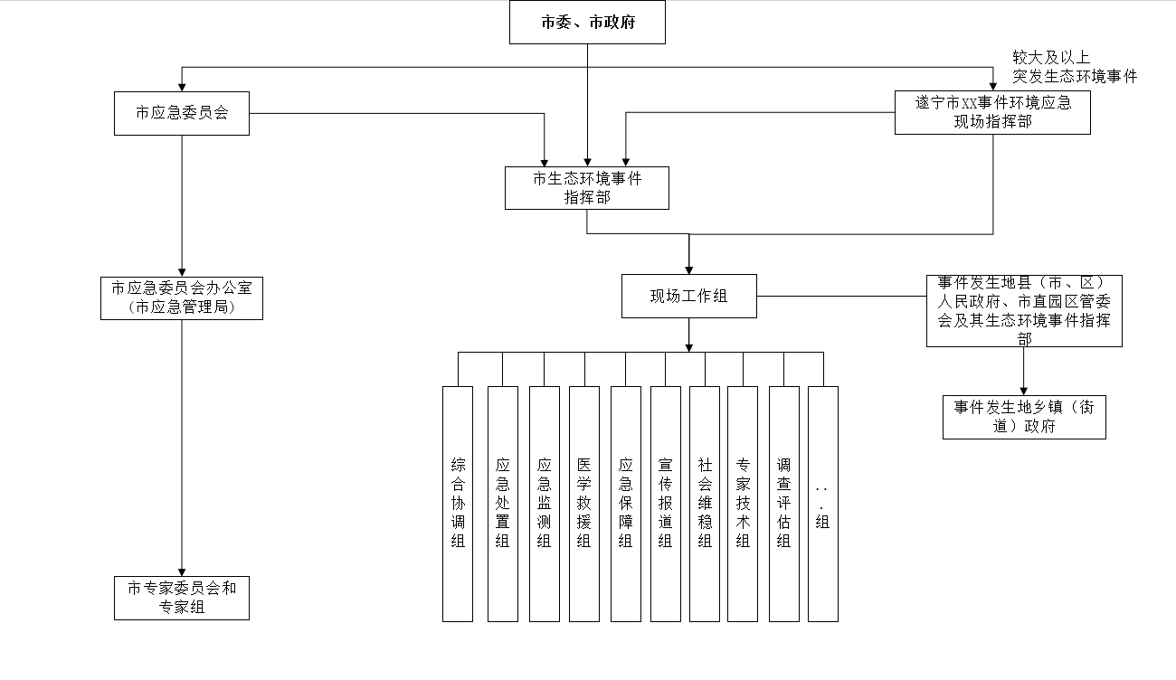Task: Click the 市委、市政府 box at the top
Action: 587,23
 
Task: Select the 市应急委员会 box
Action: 182,113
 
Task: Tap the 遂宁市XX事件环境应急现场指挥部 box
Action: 992,112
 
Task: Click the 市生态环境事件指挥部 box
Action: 587,187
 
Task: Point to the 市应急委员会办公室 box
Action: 182,297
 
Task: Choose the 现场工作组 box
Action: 688,296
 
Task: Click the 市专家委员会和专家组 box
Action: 182,598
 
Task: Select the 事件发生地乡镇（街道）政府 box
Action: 1024,417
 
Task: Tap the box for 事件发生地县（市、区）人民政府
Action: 1024,311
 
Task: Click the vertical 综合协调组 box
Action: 458,504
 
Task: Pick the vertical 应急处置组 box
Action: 503,504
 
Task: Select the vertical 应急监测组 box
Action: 544,504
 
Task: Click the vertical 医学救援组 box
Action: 584,504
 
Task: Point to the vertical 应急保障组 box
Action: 625,504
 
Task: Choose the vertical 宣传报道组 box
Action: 666,504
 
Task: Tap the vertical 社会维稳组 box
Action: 705,504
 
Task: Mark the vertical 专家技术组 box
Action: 743,504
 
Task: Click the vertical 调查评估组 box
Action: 783,504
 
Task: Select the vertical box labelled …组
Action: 822,504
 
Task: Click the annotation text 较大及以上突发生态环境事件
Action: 1075,67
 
